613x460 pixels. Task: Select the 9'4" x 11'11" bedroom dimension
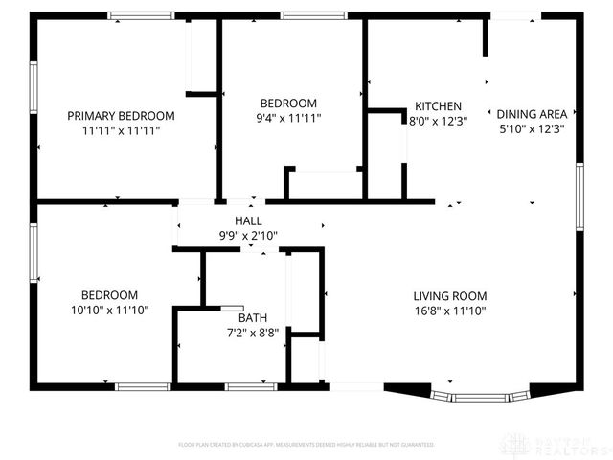(x=288, y=118)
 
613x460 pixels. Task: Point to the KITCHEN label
(x=438, y=106)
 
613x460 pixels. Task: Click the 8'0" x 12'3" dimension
(x=438, y=122)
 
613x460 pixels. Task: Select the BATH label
(x=253, y=318)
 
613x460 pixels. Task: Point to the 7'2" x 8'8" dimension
(x=253, y=333)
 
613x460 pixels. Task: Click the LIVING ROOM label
(x=450, y=296)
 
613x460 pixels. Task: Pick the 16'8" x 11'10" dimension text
(x=450, y=310)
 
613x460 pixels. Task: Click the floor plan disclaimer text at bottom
(x=306, y=445)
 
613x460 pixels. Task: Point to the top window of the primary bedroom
(x=141, y=15)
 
